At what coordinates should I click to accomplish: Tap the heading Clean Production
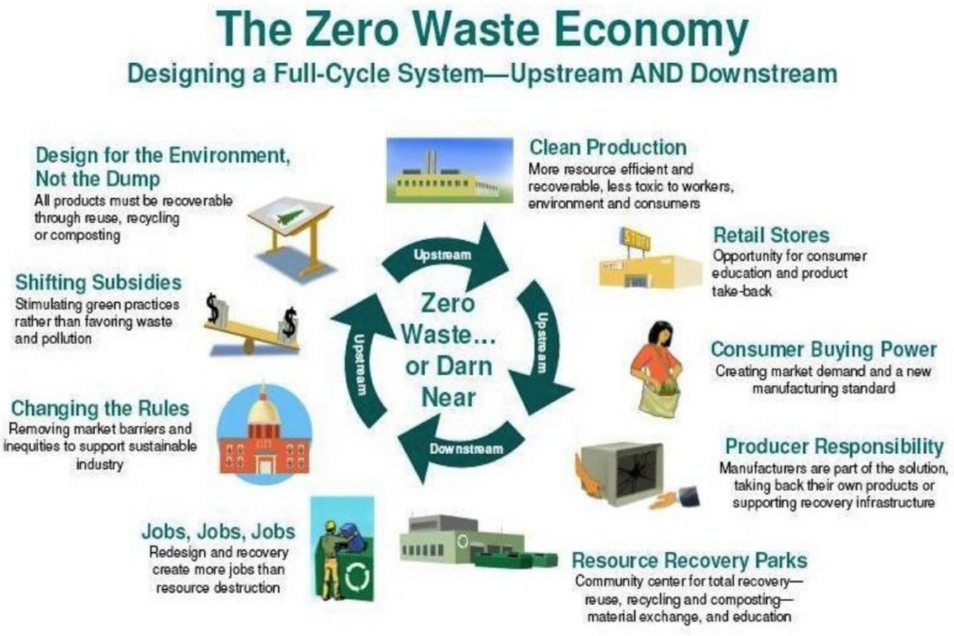click(608, 147)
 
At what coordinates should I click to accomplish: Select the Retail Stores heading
click(771, 235)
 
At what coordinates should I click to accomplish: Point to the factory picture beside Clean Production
click(449, 170)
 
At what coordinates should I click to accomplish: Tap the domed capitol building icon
click(265, 433)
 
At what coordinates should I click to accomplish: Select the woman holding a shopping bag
click(657, 368)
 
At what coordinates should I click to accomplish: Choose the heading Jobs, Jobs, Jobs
click(218, 531)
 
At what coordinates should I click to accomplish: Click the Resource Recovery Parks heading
click(689, 560)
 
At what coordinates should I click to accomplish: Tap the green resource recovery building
click(478, 542)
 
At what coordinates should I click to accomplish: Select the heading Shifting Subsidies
click(98, 283)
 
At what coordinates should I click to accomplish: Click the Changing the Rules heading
click(100, 408)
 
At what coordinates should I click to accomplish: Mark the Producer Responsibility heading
click(834, 446)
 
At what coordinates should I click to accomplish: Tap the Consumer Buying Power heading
click(824, 350)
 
